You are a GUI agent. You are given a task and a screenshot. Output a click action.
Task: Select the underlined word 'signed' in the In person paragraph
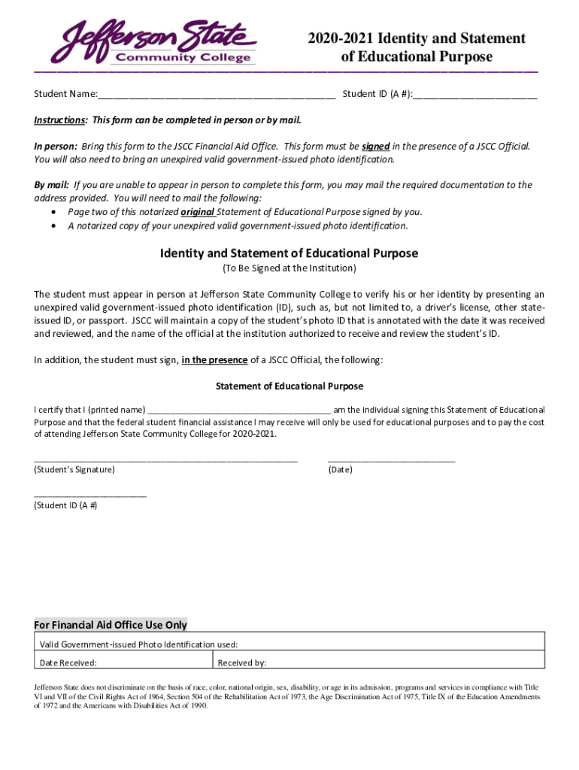pos(375,147)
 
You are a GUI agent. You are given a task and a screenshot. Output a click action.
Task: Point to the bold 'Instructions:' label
pos(61,120)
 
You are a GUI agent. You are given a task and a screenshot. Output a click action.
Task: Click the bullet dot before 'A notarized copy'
pos(52,226)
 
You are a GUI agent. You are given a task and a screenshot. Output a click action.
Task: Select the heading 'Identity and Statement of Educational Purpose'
pos(289,253)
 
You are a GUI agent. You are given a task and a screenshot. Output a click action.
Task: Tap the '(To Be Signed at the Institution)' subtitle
pos(289,268)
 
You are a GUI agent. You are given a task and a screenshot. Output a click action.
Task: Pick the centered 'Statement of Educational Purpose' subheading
pos(289,387)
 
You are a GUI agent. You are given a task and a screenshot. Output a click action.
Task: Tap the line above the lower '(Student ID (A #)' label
pos(90,495)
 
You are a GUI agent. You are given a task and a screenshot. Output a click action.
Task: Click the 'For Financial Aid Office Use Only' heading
pos(111,625)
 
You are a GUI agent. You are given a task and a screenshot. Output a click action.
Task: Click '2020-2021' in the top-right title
pos(341,38)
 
